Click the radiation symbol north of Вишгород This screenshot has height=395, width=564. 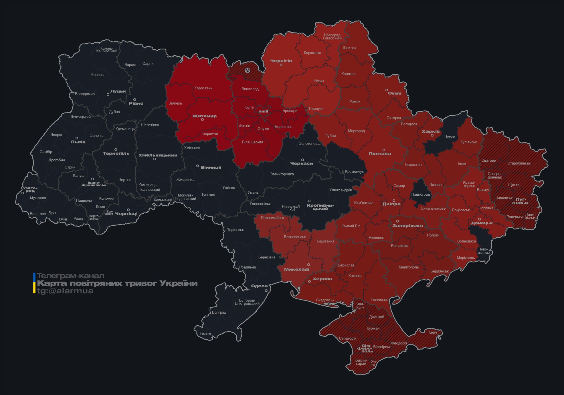(248, 70)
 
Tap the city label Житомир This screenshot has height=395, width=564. (204, 116)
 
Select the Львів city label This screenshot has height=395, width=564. (78, 142)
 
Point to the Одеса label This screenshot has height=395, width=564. (259, 286)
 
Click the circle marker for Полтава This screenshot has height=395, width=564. (384, 150)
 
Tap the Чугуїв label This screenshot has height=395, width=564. (450, 137)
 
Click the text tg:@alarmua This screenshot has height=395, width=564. (65, 291)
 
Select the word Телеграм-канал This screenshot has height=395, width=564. (70, 276)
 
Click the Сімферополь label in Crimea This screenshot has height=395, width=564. (365, 348)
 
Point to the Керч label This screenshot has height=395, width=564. (433, 332)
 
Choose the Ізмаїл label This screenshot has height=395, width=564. (205, 334)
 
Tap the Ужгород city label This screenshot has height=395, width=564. (30, 189)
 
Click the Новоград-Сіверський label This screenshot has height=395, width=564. (333, 37)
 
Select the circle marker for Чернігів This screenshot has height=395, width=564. (281, 65)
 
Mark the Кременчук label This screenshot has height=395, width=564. (354, 172)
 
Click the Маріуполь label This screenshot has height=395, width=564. (466, 258)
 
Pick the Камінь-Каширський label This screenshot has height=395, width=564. (107, 50)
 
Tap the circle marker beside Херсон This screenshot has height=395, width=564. (309, 282)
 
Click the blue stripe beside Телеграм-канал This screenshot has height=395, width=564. (34, 277)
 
